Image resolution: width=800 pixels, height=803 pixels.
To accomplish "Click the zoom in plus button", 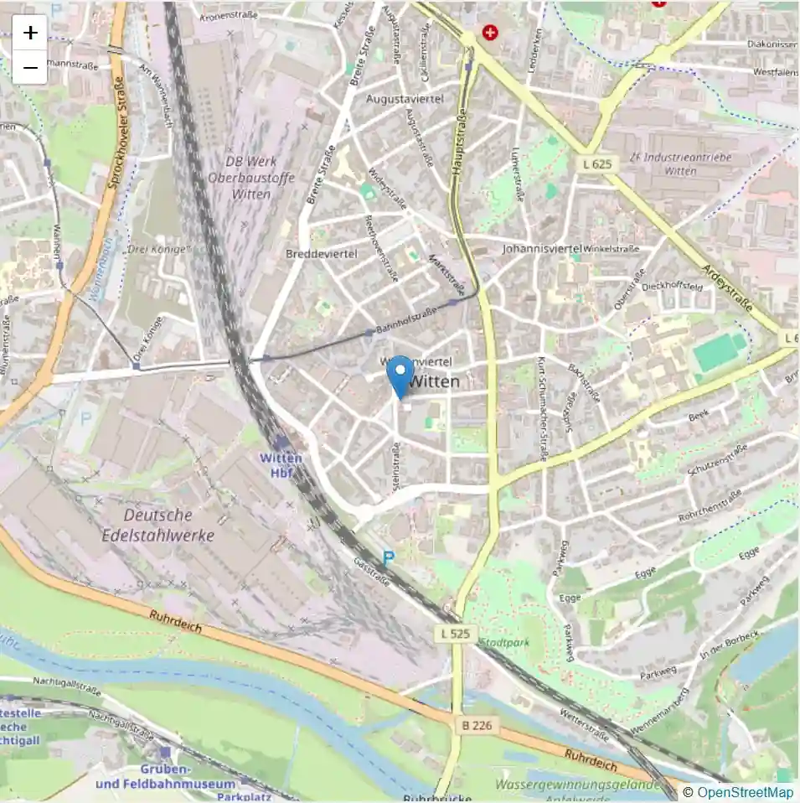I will click(30, 33).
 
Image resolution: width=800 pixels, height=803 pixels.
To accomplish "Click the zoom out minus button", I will click(30, 67).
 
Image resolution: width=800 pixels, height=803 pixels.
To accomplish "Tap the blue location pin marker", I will click(402, 376).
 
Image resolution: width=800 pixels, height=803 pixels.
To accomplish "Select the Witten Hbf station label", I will click(281, 464).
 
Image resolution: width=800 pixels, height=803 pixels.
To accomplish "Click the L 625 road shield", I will click(596, 164).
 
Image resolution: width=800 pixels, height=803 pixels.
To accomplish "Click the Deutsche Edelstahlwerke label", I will click(169, 525).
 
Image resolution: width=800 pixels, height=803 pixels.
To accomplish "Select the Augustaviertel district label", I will click(404, 99).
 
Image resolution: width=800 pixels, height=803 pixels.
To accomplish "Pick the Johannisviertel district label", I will click(542, 249).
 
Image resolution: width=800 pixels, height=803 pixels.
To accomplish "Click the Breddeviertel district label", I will click(322, 253).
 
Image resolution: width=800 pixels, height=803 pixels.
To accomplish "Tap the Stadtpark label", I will click(504, 643).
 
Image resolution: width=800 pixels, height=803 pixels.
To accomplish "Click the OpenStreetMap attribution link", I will click(745, 792).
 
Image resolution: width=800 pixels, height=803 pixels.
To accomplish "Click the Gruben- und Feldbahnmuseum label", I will click(165, 776).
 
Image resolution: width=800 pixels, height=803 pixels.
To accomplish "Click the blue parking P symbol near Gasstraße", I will click(388, 557).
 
